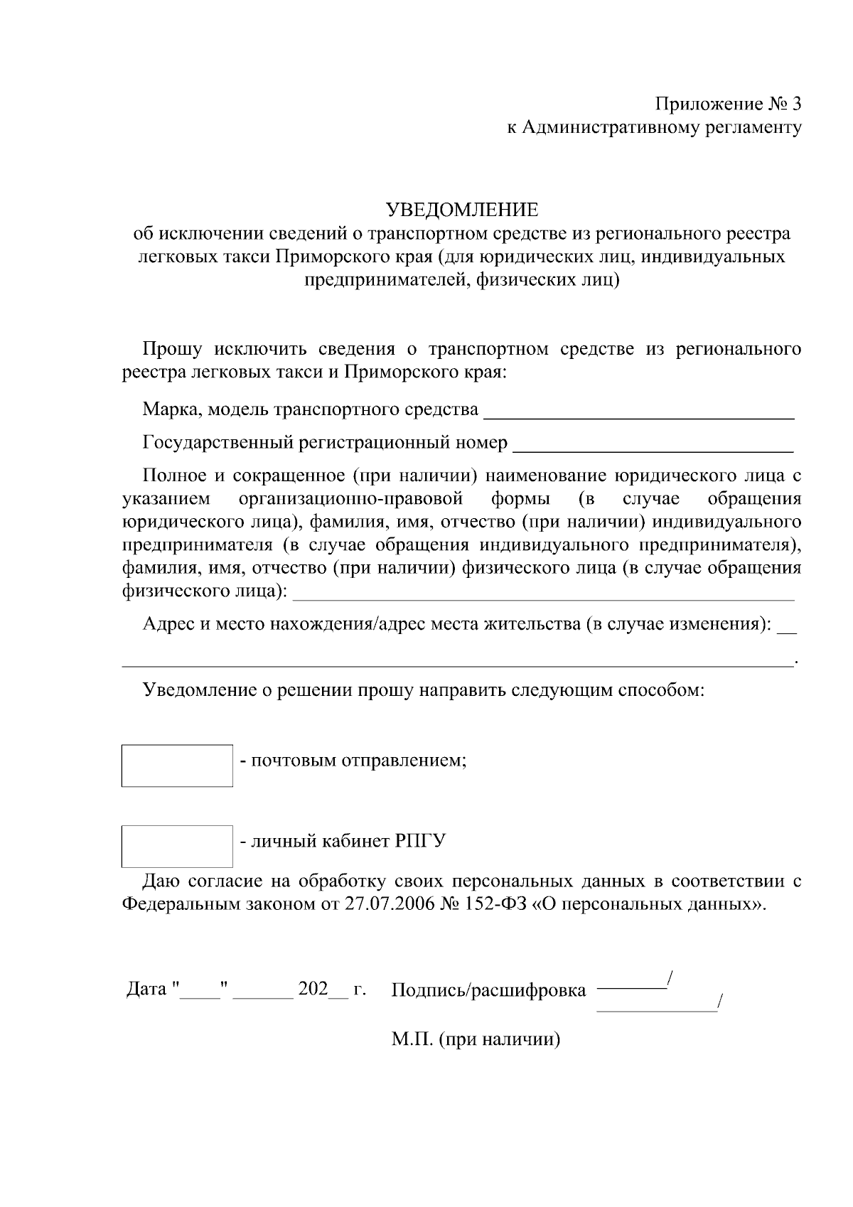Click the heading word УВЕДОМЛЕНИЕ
point(462,210)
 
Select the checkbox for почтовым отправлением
point(177,766)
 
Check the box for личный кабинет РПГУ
point(177,846)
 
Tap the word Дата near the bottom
point(146,989)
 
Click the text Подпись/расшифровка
point(489,990)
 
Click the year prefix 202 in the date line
point(313,989)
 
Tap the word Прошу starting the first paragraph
point(173,349)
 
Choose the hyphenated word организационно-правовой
point(351,498)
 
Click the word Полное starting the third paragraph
point(173,476)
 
